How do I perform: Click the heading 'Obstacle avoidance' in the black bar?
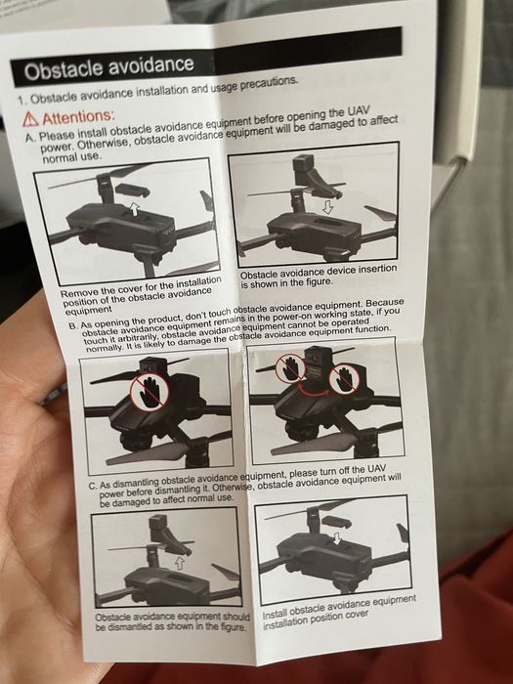coord(109,67)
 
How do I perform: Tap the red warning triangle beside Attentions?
coord(30,119)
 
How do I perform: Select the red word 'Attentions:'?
coord(78,117)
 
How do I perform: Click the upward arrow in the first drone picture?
coord(135,209)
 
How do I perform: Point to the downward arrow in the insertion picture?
coord(327,207)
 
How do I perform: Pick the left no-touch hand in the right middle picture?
coord(291,367)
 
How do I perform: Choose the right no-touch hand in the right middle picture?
coord(344,379)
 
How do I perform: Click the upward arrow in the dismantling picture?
coord(180,563)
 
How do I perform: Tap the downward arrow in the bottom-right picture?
coord(337,538)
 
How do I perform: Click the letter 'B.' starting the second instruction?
coord(73,325)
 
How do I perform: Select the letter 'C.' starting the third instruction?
coord(92,486)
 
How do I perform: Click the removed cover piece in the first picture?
coord(132,191)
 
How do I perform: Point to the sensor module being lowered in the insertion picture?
coord(314,175)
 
